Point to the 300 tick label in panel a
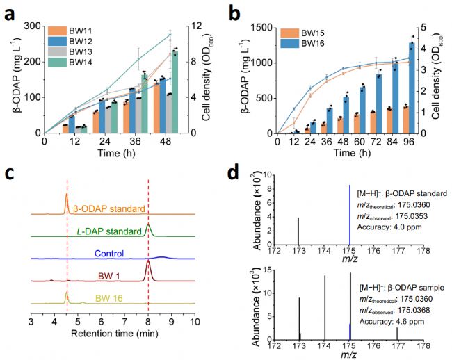pos(31,26)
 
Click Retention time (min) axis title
pos(113,341)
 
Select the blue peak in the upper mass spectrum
pos(349,215)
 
